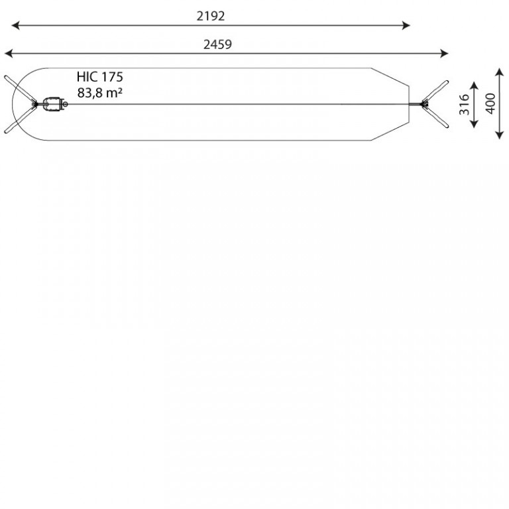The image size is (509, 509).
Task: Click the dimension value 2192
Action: (210, 16)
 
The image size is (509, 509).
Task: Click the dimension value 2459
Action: (217, 44)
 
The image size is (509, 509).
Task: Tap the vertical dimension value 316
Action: (464, 104)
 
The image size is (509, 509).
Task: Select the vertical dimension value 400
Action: (490, 103)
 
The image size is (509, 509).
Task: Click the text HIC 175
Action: (100, 77)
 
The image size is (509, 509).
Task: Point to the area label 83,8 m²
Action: (99, 93)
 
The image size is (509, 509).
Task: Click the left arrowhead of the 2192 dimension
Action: (15, 25)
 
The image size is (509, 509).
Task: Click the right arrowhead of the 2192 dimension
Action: (406, 25)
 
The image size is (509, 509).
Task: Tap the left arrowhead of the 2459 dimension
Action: (9, 54)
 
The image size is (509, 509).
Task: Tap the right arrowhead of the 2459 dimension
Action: (445, 54)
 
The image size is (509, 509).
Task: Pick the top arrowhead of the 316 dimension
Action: (475, 85)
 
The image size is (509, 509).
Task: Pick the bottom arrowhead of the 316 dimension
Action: (475, 124)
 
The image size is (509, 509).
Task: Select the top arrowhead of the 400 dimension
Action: (500, 72)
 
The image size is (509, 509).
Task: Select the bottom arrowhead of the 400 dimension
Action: (500, 135)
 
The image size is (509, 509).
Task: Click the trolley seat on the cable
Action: (52, 104)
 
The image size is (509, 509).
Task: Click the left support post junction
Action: (34, 104)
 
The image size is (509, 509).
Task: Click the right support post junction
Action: (424, 104)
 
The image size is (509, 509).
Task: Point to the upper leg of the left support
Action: (19, 89)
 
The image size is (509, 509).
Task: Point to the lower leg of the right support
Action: (436, 116)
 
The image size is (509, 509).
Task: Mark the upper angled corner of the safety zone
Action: (371, 68)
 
